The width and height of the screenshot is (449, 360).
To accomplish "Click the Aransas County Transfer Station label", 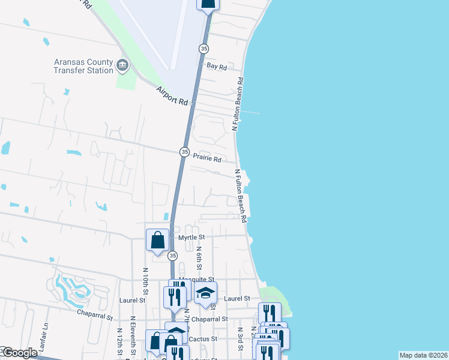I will coord(83,66).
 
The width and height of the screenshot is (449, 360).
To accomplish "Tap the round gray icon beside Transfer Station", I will coord(123,65).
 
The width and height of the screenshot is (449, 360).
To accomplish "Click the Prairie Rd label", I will coord(207,160).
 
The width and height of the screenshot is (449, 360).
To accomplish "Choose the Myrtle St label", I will coord(193,238).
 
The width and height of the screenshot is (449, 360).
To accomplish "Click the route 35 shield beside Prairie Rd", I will coord(184,152).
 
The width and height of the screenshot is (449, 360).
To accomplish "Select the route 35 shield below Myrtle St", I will coord(173,256).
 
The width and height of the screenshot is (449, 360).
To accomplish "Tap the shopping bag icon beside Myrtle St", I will coord(157,240).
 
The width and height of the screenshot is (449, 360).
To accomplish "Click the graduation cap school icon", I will coord(205,293).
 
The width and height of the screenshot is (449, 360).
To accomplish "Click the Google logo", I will coord(19,353).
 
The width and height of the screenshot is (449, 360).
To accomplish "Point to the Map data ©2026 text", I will coord(423,355).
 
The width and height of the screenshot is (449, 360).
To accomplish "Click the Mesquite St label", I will coord(200,280).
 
